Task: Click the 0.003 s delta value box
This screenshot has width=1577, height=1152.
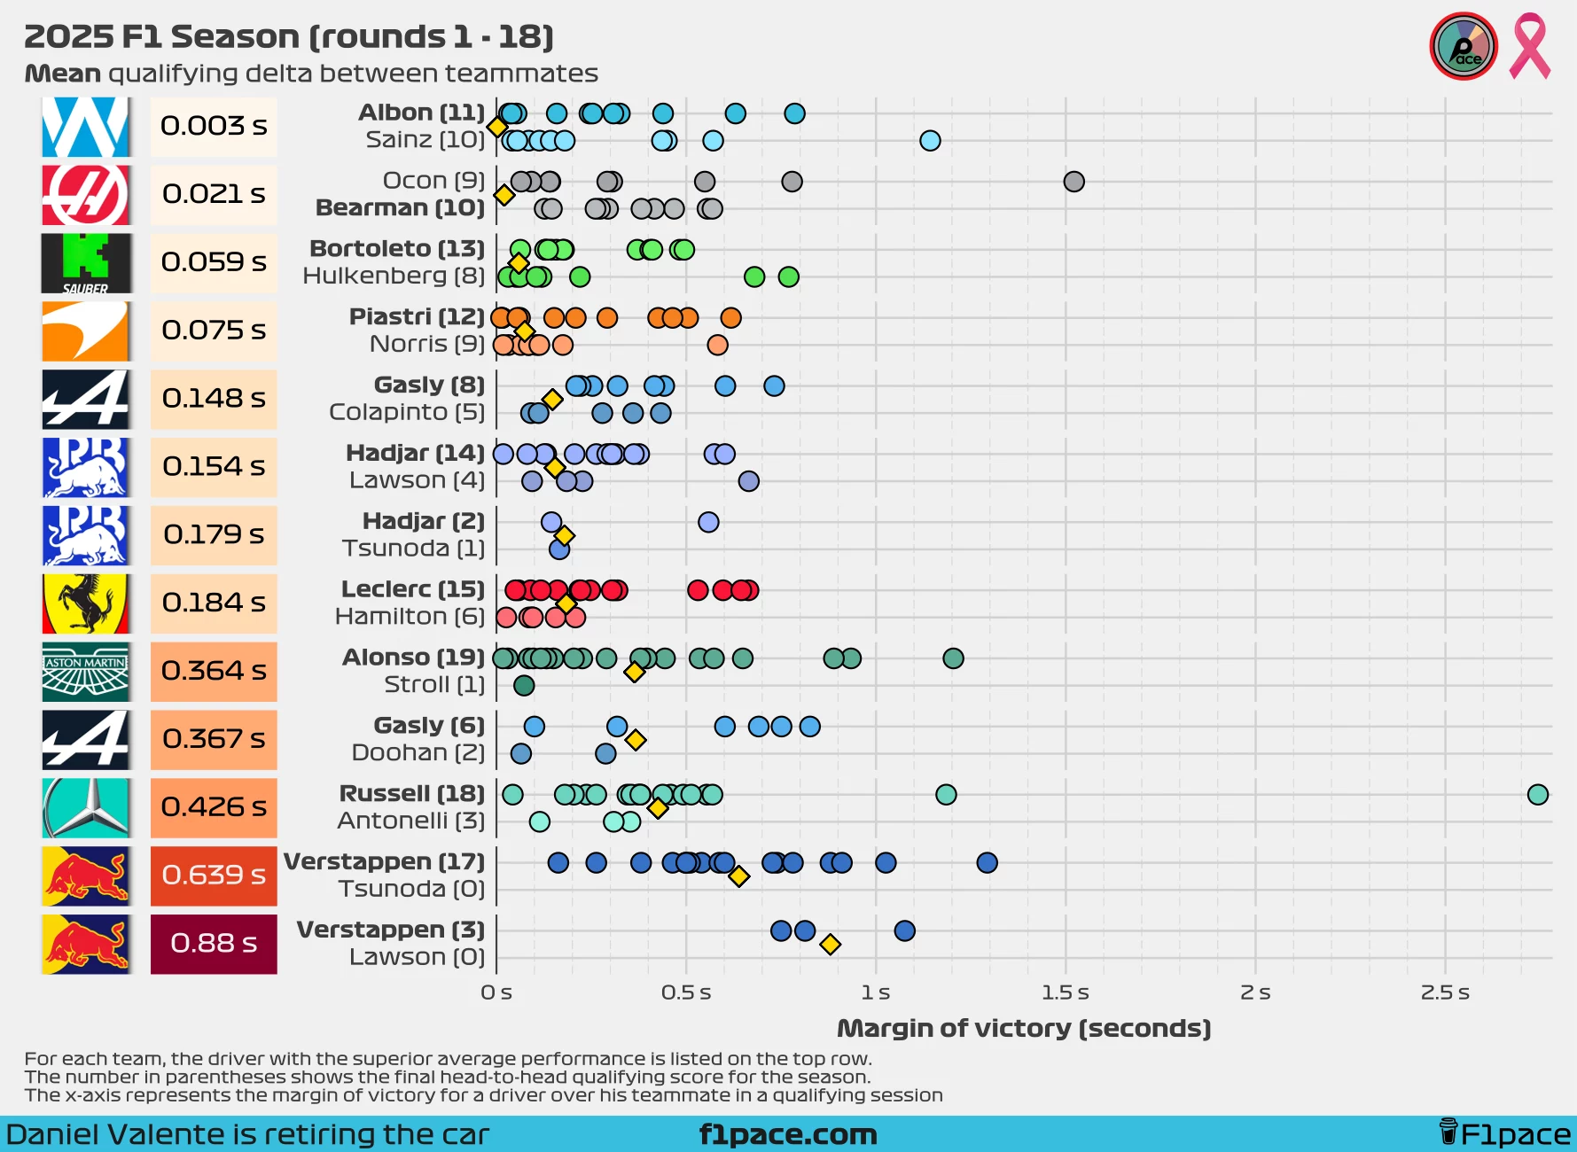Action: click(214, 126)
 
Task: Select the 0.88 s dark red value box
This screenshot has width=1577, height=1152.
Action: click(214, 944)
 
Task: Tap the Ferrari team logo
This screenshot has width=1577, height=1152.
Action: click(86, 603)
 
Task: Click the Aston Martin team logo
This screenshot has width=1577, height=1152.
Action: click(86, 672)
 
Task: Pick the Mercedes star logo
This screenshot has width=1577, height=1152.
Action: click(86, 808)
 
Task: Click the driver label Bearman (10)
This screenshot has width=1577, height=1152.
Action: click(400, 208)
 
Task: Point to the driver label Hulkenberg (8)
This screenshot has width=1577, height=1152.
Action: click(394, 276)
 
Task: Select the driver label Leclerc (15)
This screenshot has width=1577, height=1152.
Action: click(413, 589)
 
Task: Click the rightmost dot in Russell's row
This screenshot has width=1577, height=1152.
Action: click(1538, 795)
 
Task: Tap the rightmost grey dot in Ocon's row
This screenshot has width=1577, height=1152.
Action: click(1073, 182)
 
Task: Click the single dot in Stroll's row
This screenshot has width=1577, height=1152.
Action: click(524, 685)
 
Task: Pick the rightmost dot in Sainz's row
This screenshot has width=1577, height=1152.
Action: click(930, 141)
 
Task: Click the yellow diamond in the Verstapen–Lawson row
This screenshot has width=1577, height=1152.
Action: click(830, 945)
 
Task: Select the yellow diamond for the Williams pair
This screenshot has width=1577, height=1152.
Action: click(497, 128)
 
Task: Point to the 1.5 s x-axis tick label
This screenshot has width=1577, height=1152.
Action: click(1066, 992)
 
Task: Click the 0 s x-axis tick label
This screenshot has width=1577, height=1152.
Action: click(496, 992)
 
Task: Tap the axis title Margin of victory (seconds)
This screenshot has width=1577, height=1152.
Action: click(1024, 1029)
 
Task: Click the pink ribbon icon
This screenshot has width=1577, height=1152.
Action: click(1530, 46)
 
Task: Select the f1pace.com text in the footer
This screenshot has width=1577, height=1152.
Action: click(788, 1134)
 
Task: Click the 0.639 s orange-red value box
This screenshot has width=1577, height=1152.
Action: click(214, 876)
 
